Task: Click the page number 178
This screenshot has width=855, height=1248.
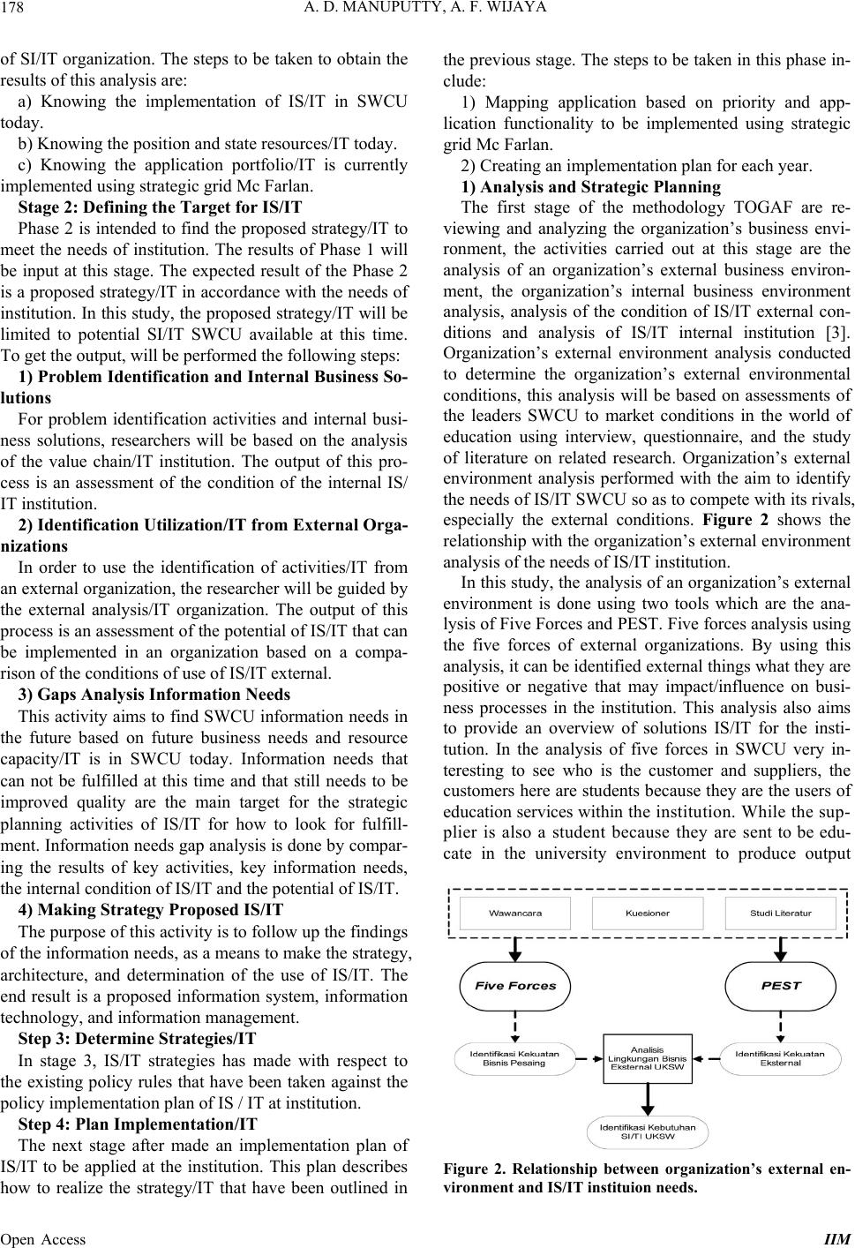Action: point(14,11)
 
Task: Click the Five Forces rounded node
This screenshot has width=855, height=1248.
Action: point(515,986)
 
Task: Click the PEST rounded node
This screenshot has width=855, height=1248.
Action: point(780,986)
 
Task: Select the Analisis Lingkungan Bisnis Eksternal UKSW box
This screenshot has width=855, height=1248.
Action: point(648,1058)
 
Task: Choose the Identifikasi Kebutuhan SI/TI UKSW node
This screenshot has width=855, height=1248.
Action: point(648,1131)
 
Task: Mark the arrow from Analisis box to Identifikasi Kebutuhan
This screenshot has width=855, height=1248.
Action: point(649,1099)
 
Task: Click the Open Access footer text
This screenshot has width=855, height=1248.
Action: point(43,1238)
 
